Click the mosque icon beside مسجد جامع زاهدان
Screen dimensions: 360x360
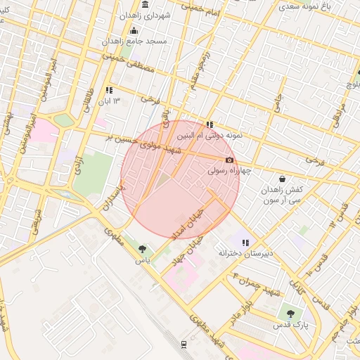pos(134,30)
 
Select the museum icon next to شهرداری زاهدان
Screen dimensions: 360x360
pos(145,4)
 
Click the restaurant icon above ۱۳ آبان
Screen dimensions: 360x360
pos(109,90)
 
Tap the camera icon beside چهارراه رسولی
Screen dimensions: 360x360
pos(229,160)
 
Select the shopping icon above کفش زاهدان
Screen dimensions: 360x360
pos(282,179)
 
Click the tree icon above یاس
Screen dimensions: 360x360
pos(143,249)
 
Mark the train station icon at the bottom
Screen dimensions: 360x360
pos(184,344)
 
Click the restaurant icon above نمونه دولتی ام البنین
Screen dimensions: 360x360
pos(209,124)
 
